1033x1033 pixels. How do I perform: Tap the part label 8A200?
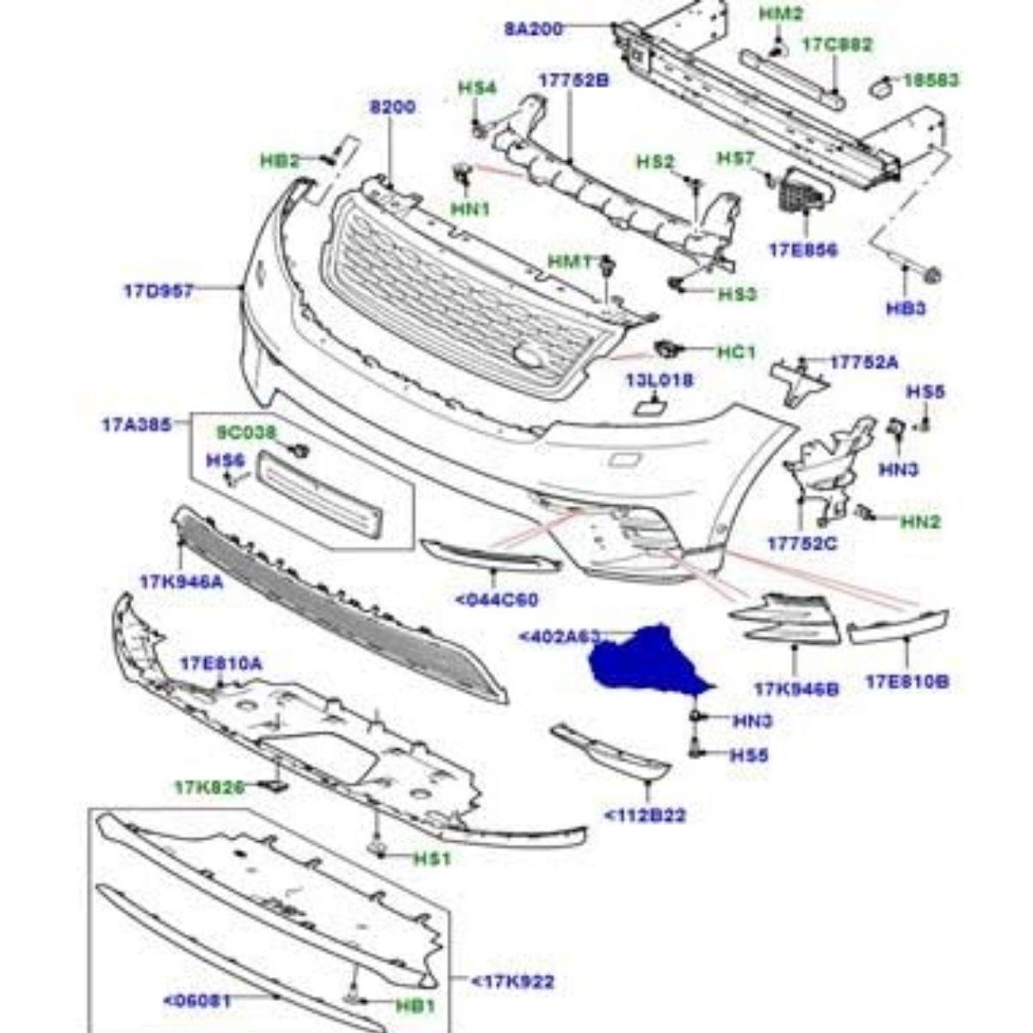pos(534,29)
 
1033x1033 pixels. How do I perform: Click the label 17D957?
pos(158,290)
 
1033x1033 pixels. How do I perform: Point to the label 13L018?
pos(659,380)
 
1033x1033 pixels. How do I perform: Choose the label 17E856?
pos(802,251)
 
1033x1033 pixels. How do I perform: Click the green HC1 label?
pos(735,352)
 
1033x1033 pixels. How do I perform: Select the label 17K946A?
pos(181,582)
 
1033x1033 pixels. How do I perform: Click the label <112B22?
pos(645,814)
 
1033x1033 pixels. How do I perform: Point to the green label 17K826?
pos(208,787)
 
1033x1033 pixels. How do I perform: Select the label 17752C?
pos(802,544)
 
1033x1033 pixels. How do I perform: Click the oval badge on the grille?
pos(528,353)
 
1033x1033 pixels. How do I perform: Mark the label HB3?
pos(906,308)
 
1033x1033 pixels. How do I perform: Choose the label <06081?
pos(197,1000)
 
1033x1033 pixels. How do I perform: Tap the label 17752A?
pos(863,362)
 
